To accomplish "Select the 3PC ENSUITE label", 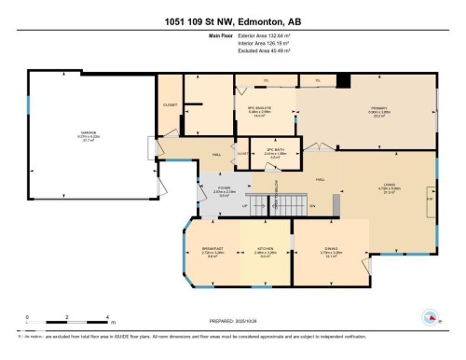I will (259, 110).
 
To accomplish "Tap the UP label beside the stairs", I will (246, 206).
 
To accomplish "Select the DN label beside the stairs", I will (312, 206).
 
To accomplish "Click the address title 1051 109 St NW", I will (232, 21).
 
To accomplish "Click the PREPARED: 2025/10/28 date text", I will (232, 317).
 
